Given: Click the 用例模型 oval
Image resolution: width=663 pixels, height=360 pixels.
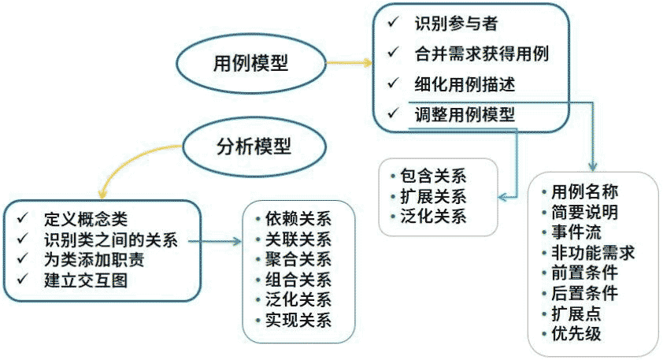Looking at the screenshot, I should pyautogui.click(x=250, y=64).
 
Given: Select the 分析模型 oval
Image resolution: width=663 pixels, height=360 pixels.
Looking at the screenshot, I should pyautogui.click(x=250, y=147).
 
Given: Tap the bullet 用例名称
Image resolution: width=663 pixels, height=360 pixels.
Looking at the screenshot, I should pyautogui.click(x=583, y=191).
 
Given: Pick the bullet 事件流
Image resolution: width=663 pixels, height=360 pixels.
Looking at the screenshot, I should pyautogui.click(x=575, y=232).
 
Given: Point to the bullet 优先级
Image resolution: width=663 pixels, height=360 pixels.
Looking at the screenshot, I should pyautogui.click(x=575, y=333).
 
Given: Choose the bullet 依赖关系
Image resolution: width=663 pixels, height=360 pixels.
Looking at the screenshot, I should pyautogui.click(x=298, y=219).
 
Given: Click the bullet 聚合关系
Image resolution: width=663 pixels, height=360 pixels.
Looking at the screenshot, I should pyautogui.click(x=298, y=259).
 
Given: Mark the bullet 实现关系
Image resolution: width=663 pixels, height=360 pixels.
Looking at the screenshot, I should pyautogui.click(x=298, y=320).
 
